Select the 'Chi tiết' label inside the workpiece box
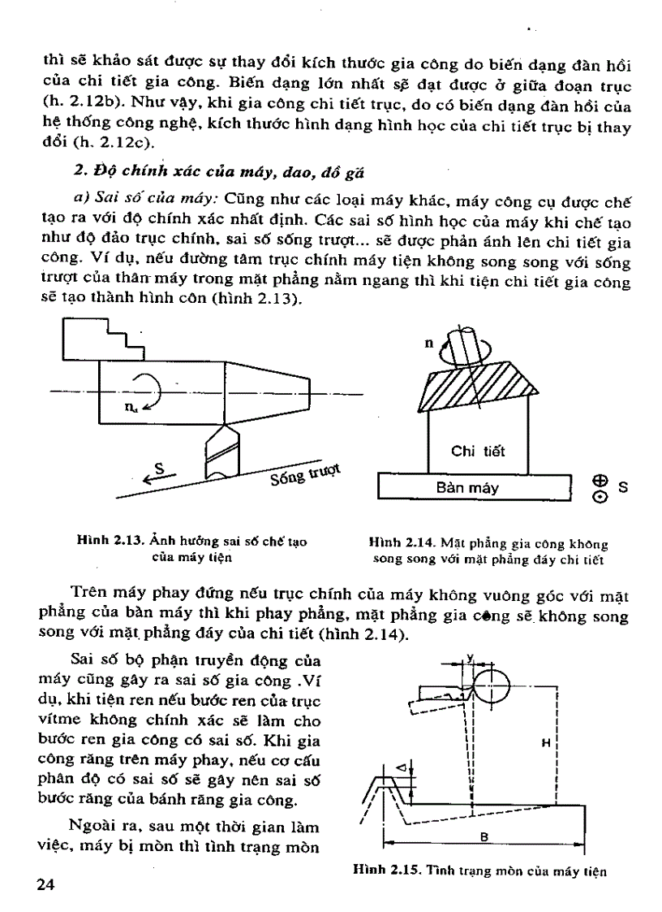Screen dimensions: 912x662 tap(478, 452)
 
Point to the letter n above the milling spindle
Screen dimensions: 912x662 tap(428, 343)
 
